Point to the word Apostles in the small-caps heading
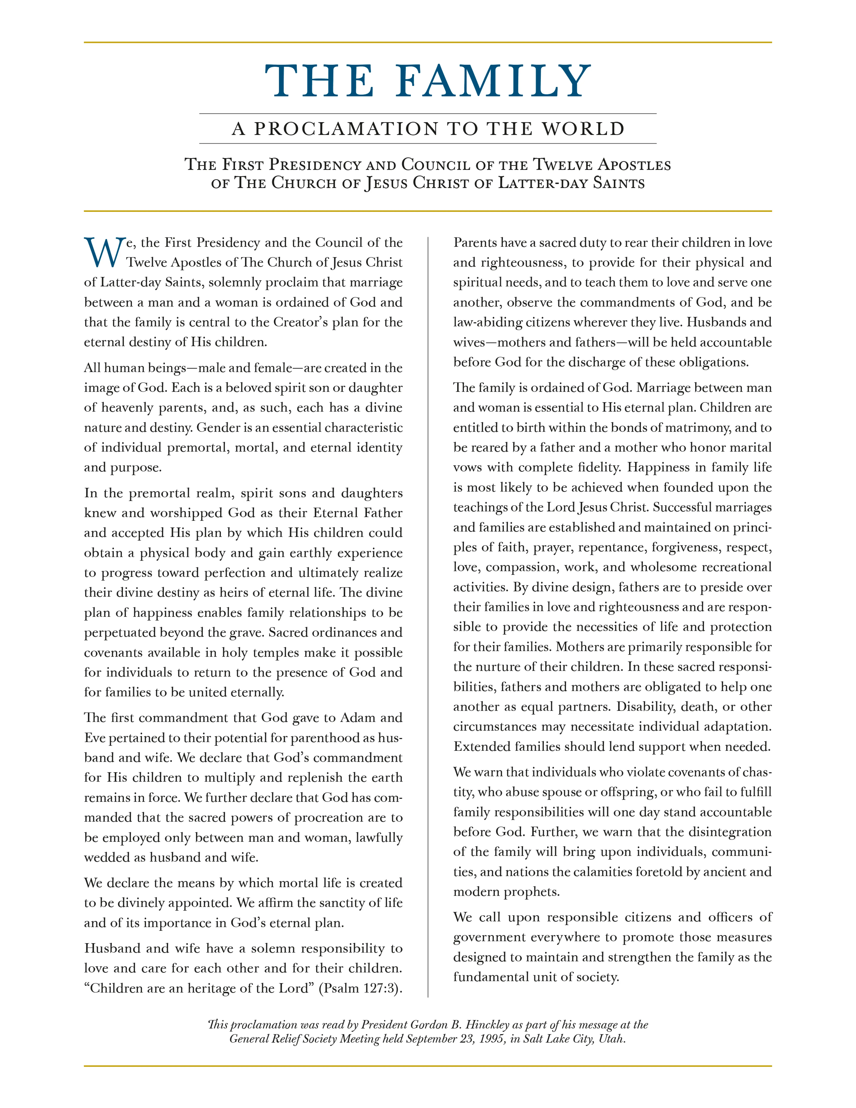(634, 165)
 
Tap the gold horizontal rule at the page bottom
(428, 1066)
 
